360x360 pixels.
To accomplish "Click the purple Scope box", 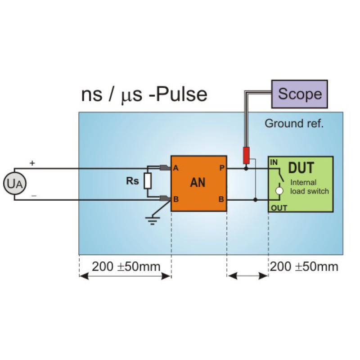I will (299, 94).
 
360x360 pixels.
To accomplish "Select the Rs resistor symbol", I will (148, 181).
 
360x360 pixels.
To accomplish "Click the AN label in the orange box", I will (198, 183).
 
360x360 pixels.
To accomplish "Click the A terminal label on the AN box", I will (176, 168).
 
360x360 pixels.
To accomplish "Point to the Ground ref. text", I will (294, 123).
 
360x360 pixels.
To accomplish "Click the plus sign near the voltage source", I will (32, 163).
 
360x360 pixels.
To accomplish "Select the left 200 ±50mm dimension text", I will (126, 266).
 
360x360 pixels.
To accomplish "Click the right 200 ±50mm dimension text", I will (304, 266).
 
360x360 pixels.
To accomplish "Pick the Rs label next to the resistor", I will (132, 181).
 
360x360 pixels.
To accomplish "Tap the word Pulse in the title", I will (180, 94).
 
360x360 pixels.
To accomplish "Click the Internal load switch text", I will (309, 187).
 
